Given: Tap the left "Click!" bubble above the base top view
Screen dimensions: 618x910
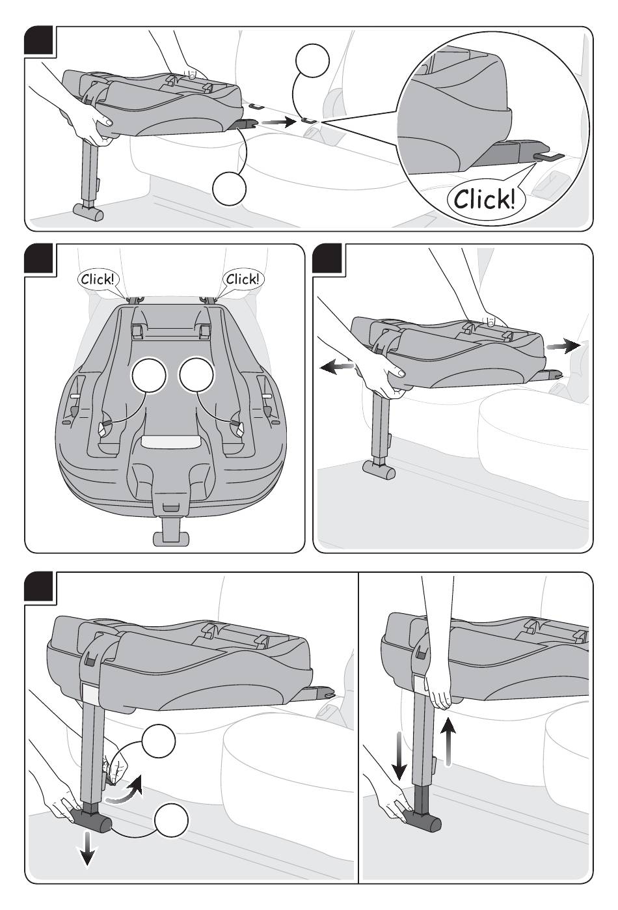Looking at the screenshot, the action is point(98,279).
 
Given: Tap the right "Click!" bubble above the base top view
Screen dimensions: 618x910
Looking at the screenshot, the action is point(243,279).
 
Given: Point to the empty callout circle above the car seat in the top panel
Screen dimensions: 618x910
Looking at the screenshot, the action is point(312,63).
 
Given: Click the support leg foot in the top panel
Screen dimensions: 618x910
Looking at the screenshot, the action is point(88,212).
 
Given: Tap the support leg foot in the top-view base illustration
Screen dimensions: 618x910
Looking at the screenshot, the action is point(170,538).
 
